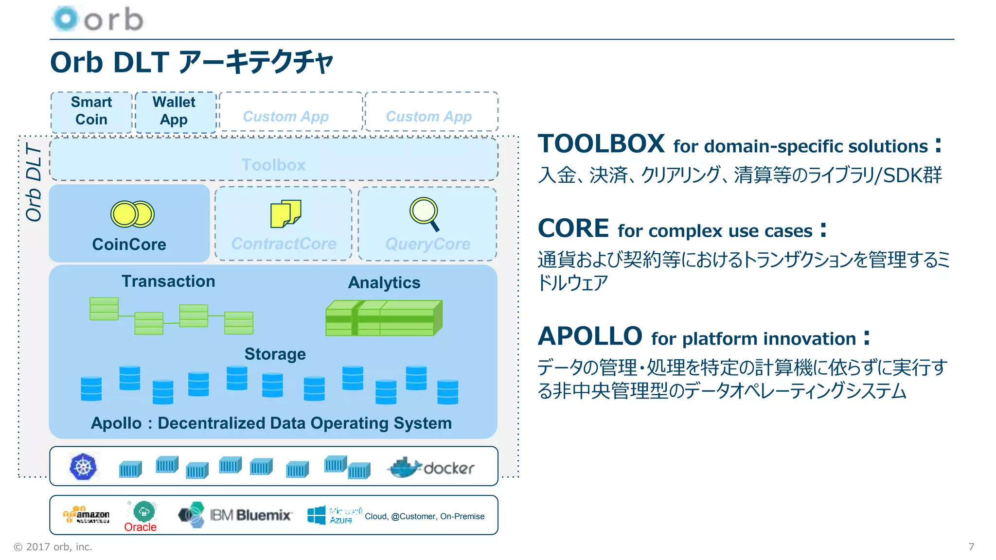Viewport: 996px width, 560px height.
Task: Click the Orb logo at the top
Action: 97,19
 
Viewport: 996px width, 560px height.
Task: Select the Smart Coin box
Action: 91,111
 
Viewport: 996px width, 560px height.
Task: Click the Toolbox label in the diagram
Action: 273,165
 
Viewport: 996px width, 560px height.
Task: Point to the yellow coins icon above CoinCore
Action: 132,214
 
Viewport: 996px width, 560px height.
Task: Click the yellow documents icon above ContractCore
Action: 285,213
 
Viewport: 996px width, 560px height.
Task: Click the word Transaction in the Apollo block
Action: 168,281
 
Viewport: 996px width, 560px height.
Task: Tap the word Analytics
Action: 384,283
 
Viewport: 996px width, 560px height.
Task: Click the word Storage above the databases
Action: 275,354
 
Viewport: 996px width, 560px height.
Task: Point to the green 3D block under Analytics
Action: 384,318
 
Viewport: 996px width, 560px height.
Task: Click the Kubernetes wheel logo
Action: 83,467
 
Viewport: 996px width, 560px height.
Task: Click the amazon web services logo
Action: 86,515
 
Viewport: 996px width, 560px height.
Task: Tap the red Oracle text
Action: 140,527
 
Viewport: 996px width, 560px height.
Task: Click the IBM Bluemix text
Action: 250,515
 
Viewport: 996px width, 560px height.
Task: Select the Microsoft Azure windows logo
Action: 317,515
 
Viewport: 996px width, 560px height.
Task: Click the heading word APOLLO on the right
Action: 590,336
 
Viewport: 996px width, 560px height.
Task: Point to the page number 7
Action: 971,547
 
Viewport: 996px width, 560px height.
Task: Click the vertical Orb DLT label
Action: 34,182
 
